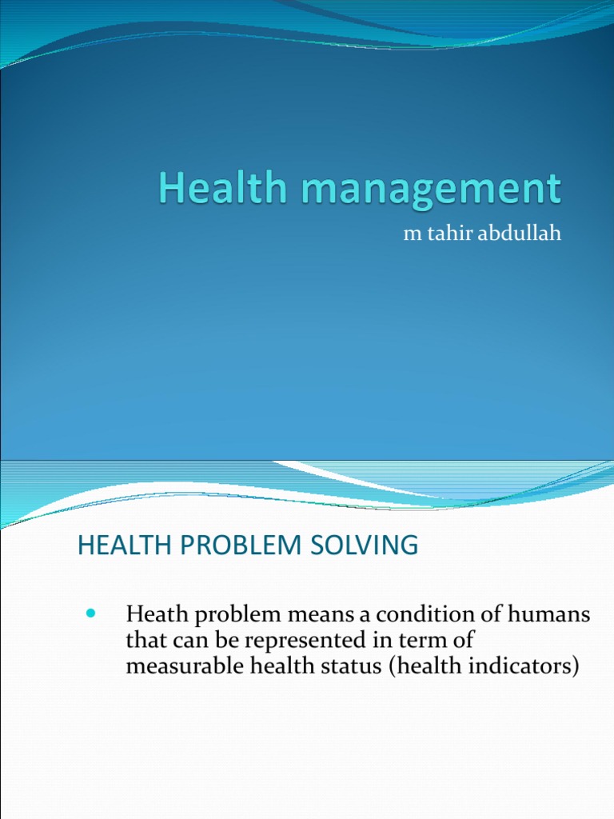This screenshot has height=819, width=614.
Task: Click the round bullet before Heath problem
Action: (x=90, y=614)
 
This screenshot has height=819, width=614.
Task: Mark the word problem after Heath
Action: (x=223, y=617)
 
